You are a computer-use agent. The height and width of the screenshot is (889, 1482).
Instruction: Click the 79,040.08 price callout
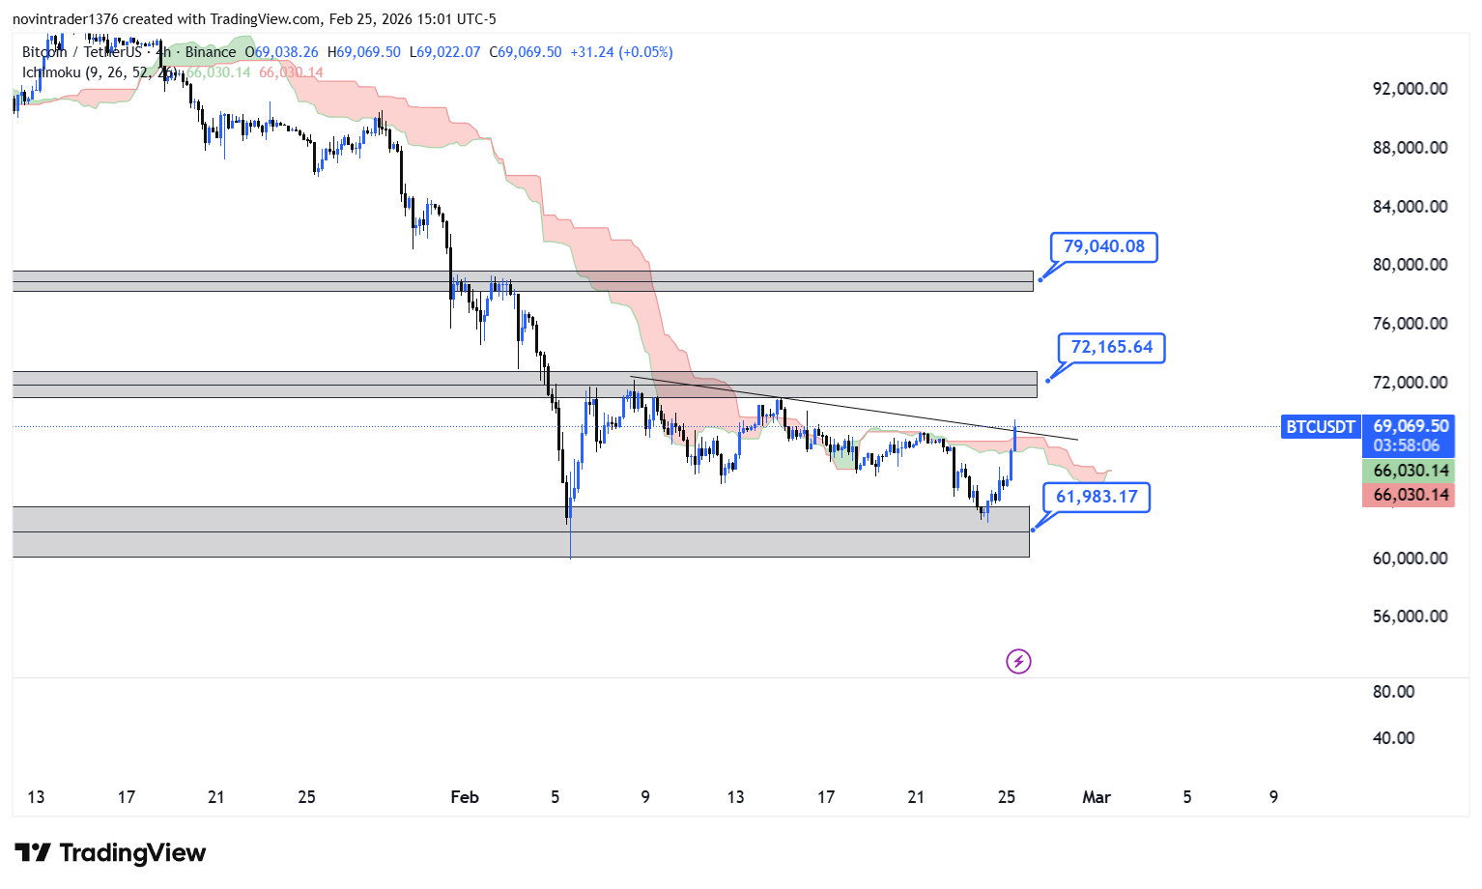point(1103,246)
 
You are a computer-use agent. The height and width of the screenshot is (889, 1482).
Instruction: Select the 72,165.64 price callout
point(1111,347)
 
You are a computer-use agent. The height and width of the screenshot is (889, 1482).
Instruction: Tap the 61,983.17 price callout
point(1097,497)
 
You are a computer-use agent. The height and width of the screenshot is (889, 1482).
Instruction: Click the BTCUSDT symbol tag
point(1320,426)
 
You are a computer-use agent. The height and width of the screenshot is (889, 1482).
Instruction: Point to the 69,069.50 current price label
point(1411,425)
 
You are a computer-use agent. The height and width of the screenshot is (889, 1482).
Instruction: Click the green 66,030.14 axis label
point(1411,471)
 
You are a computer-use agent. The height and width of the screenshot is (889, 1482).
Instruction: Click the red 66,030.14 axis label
point(1411,495)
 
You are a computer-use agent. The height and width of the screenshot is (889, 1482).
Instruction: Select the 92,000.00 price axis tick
point(1410,89)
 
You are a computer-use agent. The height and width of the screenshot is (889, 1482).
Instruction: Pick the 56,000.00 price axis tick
point(1410,617)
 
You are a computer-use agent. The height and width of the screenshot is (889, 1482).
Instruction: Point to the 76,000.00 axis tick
point(1410,324)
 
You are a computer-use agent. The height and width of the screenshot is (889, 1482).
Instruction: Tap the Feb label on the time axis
point(465,797)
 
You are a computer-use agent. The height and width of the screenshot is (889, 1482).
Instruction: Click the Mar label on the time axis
point(1096,797)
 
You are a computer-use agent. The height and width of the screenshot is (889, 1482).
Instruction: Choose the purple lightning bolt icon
point(1018,661)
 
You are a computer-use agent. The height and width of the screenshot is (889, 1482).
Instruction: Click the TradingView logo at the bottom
point(110,852)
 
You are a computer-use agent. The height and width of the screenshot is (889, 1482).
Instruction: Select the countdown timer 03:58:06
point(1406,445)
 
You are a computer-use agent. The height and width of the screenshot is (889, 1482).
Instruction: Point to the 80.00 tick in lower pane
point(1393,692)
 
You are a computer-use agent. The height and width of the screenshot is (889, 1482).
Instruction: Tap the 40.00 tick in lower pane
point(1393,738)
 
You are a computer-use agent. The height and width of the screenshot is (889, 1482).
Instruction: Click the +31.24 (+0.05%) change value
point(621,52)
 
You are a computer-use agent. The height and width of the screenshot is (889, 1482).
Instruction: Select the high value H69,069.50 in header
point(364,52)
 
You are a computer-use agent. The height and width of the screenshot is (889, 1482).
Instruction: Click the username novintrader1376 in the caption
point(65,19)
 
